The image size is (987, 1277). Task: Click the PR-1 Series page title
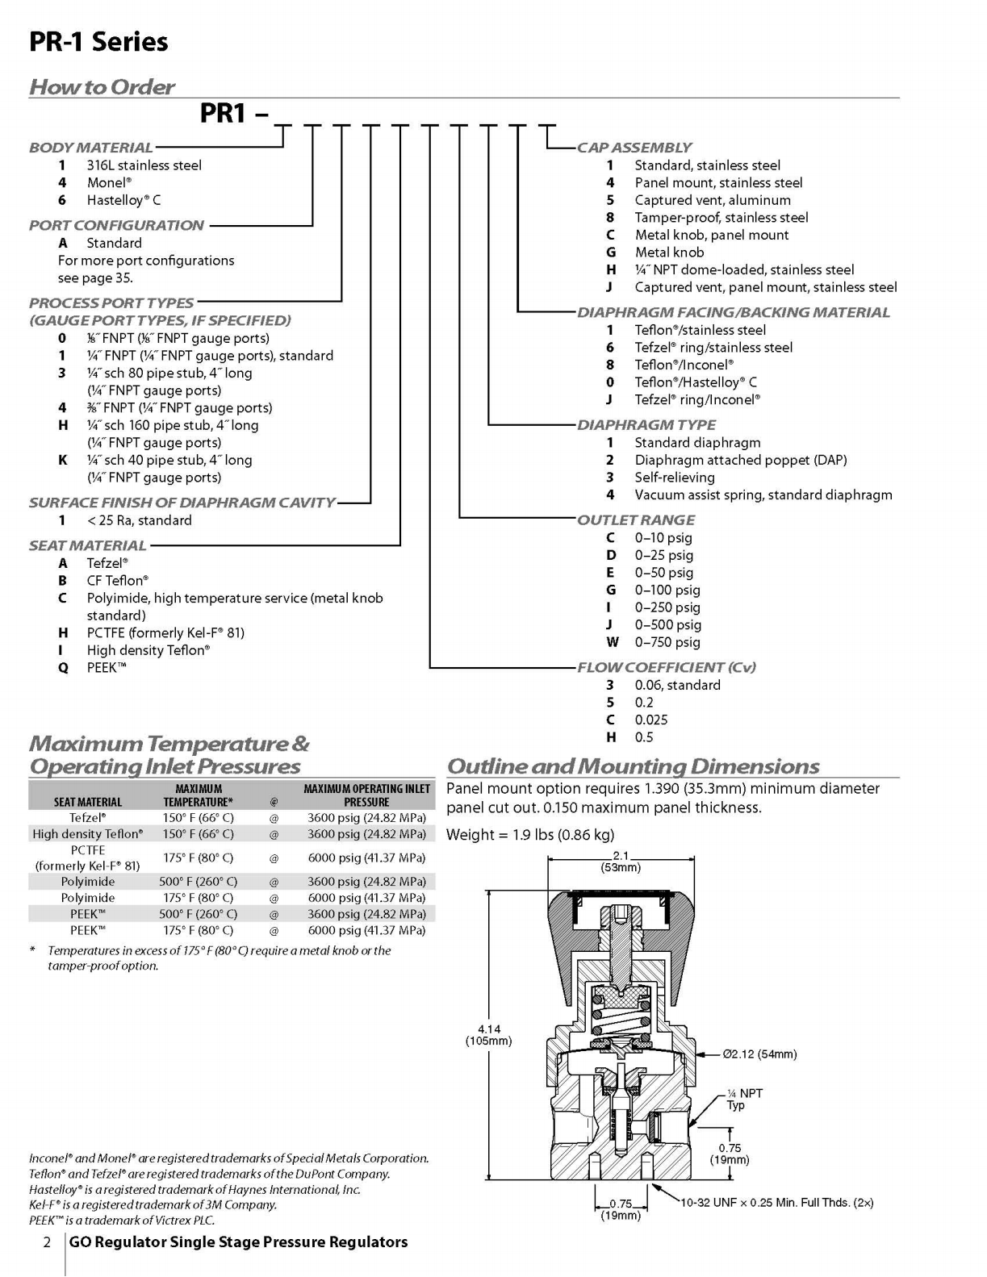point(98,42)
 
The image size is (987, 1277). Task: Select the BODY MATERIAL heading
point(90,148)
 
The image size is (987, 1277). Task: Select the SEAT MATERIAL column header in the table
point(88,802)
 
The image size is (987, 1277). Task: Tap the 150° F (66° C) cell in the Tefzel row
point(198,817)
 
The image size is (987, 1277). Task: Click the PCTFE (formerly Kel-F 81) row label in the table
point(88,858)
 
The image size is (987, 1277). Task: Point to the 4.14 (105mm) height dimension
point(488,1034)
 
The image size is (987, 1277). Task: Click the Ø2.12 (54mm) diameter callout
point(759,1054)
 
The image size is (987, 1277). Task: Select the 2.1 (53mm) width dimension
point(621,862)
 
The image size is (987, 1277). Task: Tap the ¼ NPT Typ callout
point(745,1099)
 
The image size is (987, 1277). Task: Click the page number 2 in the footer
point(47,1243)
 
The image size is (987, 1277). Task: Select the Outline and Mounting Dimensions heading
point(633,766)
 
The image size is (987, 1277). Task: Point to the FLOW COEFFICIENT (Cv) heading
point(667,668)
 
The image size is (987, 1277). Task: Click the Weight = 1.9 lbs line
point(530,834)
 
